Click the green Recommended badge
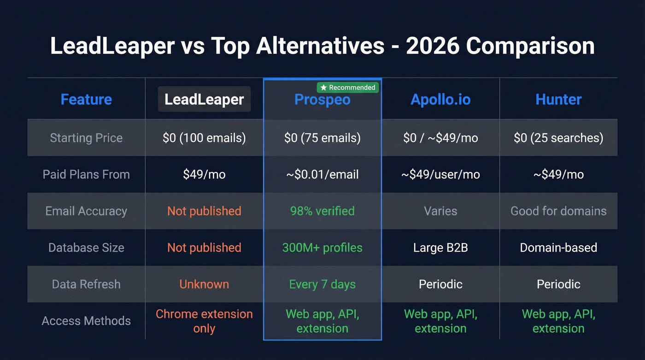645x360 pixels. coord(348,88)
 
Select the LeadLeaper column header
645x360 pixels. coord(204,100)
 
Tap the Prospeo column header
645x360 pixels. coord(322,100)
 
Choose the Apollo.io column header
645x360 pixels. coord(440,100)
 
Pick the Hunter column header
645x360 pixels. coord(558,100)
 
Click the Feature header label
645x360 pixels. coord(86,100)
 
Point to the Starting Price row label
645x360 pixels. coord(86,138)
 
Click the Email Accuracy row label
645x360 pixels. coord(86,211)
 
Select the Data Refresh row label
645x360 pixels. coord(86,284)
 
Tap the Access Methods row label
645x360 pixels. coord(86,321)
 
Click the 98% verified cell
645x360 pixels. coord(322,211)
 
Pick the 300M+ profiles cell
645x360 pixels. coord(322,248)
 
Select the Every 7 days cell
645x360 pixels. coord(322,284)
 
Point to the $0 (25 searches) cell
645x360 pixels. coord(558,138)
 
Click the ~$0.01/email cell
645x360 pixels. coord(322,175)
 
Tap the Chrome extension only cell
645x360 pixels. coord(204,321)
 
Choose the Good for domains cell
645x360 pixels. coord(558,211)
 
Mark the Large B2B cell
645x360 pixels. coord(440,248)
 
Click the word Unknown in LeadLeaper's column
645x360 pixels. coord(204,284)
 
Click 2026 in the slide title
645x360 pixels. coord(432,46)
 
